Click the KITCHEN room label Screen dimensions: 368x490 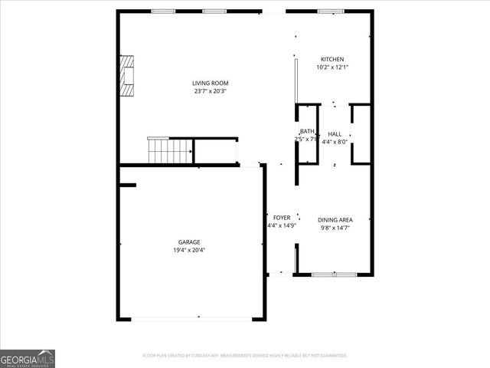coord(332,60)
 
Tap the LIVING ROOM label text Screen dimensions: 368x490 coord(210,84)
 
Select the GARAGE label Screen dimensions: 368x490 coord(190,242)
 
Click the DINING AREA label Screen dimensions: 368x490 coord(336,220)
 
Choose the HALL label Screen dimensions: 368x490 coord(335,134)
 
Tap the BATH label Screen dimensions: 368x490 coord(307,131)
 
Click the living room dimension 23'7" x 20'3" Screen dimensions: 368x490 coord(210,92)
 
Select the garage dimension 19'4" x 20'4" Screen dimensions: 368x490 coord(190,250)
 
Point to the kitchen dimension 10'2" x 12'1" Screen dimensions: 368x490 coord(332,67)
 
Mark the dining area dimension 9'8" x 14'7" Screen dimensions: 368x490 coord(336,228)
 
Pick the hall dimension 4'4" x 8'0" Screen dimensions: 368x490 coord(335,142)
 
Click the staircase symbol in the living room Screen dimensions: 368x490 coord(169,150)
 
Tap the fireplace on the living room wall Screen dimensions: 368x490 coord(126,75)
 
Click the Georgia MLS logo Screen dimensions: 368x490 coord(28,358)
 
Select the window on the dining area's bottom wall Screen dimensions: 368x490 coord(334,274)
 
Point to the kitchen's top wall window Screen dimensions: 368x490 coord(329,11)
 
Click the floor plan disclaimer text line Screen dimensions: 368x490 coord(245,356)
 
